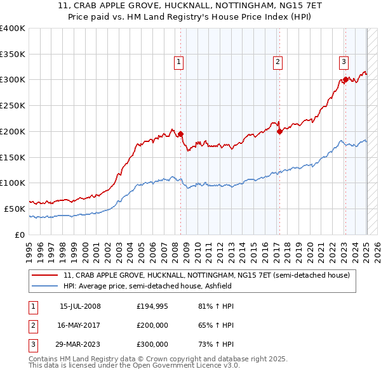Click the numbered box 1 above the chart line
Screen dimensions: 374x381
(x=179, y=62)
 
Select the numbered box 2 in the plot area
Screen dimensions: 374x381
(x=278, y=62)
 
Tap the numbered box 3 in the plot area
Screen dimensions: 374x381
(x=344, y=62)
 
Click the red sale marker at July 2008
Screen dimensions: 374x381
(x=180, y=134)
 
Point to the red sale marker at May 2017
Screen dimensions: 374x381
(x=279, y=131)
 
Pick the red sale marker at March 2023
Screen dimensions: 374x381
(x=345, y=79)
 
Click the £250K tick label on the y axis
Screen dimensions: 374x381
(x=13, y=105)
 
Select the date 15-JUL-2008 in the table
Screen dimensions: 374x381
(x=80, y=307)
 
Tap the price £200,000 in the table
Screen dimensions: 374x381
(x=152, y=325)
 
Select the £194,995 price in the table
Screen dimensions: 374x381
(x=152, y=307)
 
